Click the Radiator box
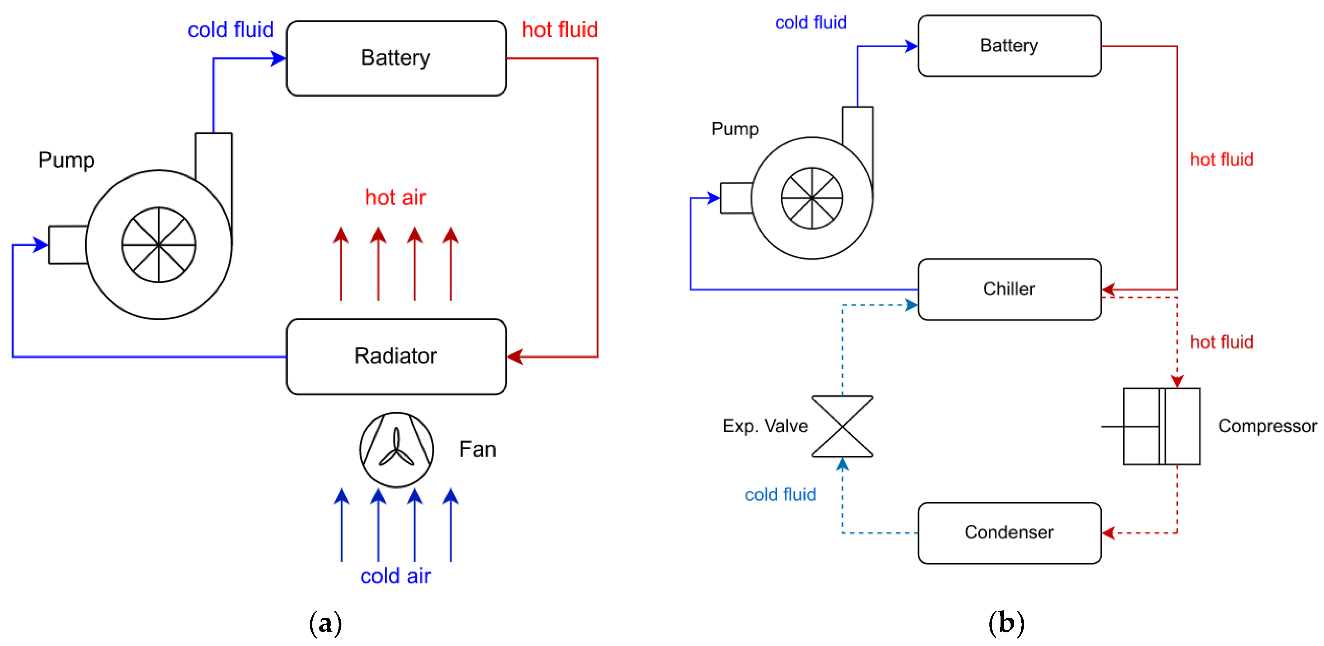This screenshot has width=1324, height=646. pyautogui.click(x=396, y=356)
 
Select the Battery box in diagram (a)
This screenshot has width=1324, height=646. pyautogui.click(x=396, y=58)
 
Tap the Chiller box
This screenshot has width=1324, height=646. pyautogui.click(x=1009, y=289)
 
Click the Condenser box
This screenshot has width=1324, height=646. pyautogui.click(x=1009, y=532)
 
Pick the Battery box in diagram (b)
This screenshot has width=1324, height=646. pyautogui.click(x=1009, y=46)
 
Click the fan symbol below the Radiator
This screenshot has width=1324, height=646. pyautogui.click(x=396, y=450)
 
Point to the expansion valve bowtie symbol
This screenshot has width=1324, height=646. pyautogui.click(x=842, y=426)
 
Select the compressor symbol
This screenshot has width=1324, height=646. pyautogui.click(x=1162, y=426)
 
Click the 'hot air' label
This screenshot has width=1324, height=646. pyautogui.click(x=395, y=197)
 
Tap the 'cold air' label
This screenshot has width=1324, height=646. pyautogui.click(x=395, y=576)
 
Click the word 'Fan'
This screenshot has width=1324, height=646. pyautogui.click(x=477, y=449)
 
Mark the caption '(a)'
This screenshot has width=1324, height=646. pyautogui.click(x=325, y=623)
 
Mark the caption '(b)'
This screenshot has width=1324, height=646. pyautogui.click(x=1006, y=623)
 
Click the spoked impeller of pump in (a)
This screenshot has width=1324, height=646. pyautogui.click(x=159, y=245)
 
